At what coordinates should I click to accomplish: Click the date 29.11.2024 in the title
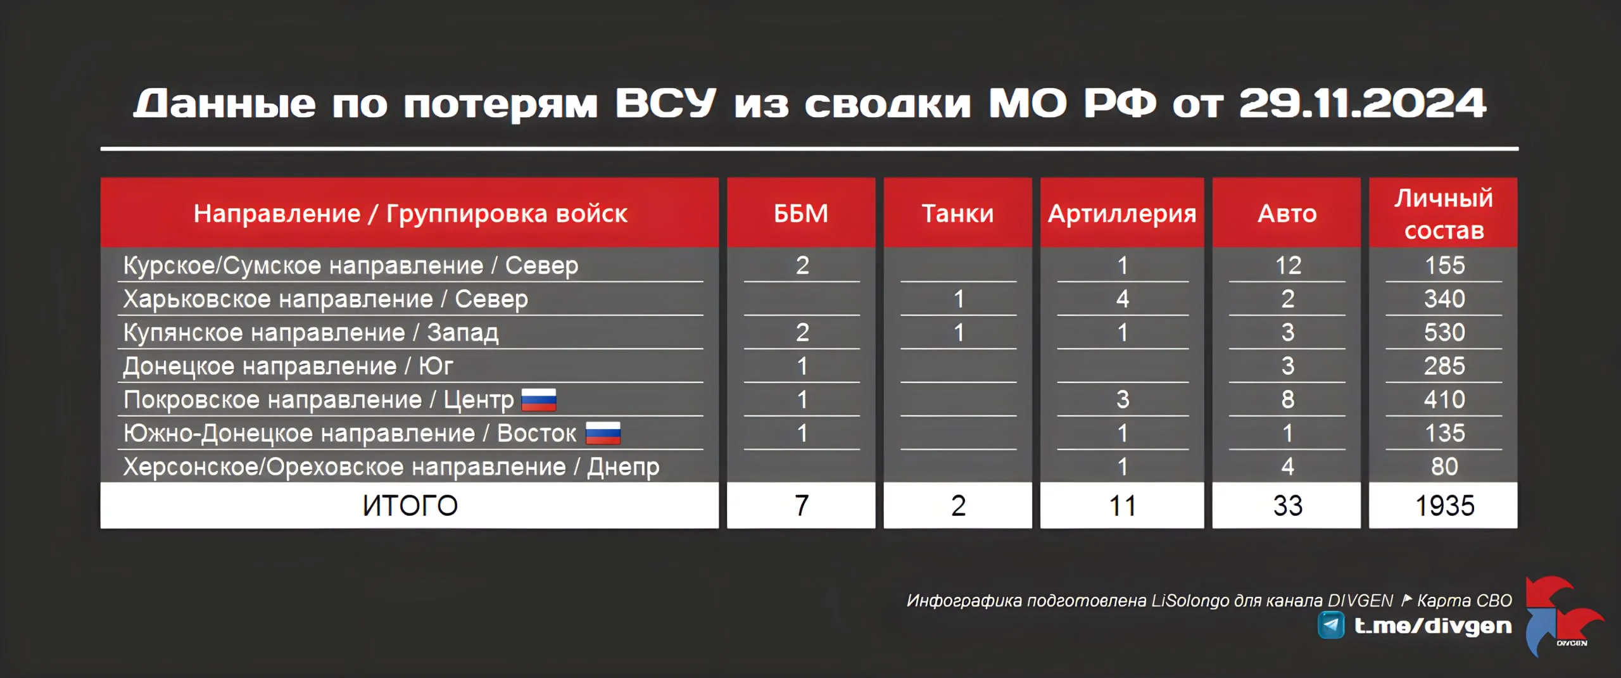click(x=1362, y=103)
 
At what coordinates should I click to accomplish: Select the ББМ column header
click(x=801, y=213)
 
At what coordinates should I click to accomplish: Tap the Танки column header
click(x=957, y=213)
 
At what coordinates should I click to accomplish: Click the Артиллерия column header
click(x=1122, y=214)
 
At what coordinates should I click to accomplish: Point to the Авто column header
click(x=1287, y=213)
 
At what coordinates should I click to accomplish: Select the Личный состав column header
click(x=1444, y=214)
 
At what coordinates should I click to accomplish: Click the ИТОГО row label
click(x=410, y=506)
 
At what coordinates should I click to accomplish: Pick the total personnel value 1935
click(x=1444, y=506)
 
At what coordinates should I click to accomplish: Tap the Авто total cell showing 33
click(x=1287, y=506)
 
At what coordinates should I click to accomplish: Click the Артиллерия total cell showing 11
click(x=1122, y=506)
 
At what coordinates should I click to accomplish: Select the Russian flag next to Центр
click(x=539, y=400)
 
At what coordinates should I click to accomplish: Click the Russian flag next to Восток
click(x=603, y=434)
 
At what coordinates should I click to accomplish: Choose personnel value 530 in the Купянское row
click(x=1444, y=332)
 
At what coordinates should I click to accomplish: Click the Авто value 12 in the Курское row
click(x=1288, y=265)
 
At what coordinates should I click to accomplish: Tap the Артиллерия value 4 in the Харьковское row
click(x=1123, y=299)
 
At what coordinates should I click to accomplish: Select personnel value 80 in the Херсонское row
click(x=1444, y=467)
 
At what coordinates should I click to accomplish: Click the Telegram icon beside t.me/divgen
click(x=1331, y=625)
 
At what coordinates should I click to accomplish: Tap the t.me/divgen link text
click(x=1433, y=626)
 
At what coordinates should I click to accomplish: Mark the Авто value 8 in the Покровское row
click(x=1288, y=399)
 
